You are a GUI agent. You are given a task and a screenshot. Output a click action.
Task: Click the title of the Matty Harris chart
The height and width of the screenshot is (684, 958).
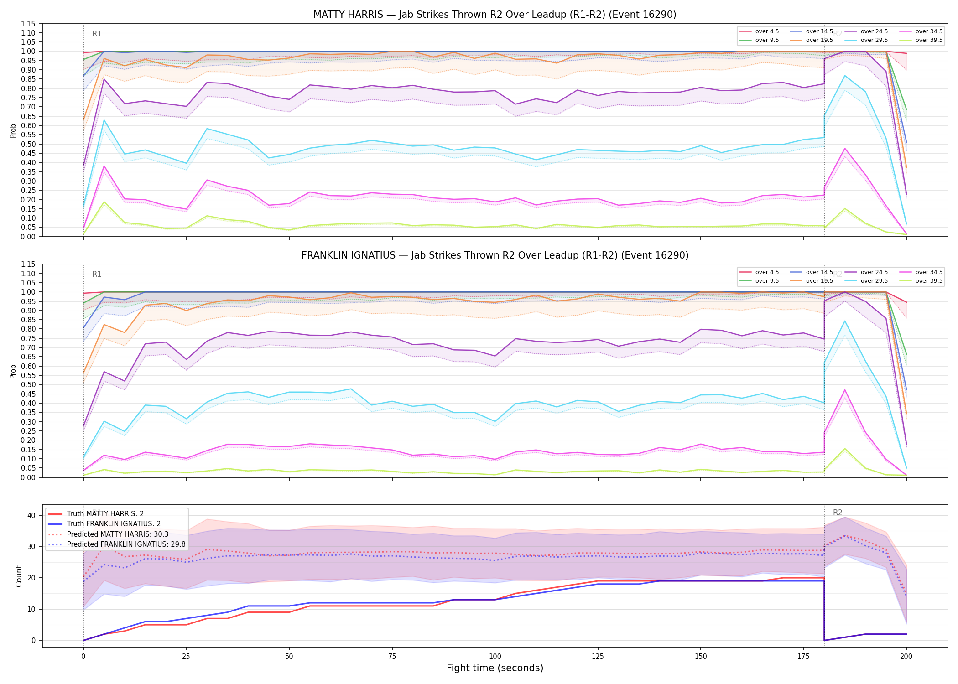click(x=495, y=15)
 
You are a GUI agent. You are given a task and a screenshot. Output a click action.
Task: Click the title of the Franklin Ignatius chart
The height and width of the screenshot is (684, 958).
click(x=495, y=255)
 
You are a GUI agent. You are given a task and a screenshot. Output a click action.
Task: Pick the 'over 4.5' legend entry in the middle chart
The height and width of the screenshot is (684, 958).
click(x=759, y=272)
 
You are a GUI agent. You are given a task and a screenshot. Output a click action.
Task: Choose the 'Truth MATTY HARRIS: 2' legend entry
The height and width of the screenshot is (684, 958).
click(x=96, y=514)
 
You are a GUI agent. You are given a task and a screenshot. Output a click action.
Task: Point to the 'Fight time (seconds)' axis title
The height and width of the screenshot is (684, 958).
click(x=495, y=668)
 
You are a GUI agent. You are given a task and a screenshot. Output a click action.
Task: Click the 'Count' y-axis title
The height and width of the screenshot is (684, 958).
click(x=19, y=576)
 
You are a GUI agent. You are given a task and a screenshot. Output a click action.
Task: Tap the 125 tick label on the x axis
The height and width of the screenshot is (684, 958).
click(x=598, y=657)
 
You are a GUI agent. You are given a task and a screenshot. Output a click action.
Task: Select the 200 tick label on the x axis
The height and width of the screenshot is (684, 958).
click(x=906, y=657)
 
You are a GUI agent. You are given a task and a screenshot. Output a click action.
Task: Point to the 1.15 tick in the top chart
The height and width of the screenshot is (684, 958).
click(x=28, y=24)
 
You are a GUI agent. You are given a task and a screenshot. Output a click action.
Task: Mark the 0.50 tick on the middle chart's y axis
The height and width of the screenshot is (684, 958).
click(x=28, y=384)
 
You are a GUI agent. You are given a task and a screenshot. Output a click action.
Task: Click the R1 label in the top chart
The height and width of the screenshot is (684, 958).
click(x=97, y=34)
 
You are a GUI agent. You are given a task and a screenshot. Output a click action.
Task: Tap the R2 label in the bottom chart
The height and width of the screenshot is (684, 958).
click(x=838, y=513)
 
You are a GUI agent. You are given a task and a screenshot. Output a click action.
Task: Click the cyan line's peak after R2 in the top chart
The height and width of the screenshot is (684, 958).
click(x=845, y=76)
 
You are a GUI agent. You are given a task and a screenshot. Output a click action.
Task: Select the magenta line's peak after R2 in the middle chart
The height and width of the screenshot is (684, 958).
click(x=845, y=390)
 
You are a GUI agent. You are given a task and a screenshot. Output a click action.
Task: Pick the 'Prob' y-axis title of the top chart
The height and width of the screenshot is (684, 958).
click(x=13, y=130)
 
